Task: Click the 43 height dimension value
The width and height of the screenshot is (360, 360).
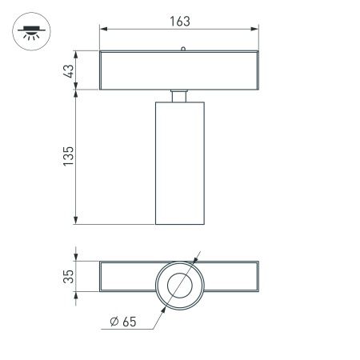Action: coord(68,70)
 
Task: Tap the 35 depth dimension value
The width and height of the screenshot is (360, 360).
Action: coord(68,277)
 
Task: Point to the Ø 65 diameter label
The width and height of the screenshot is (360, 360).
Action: coord(124,323)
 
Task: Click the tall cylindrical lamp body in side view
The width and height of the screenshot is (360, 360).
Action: coord(179,164)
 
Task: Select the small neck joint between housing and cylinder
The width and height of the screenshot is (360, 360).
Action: coord(179,96)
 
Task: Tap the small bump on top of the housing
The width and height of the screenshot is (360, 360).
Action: coord(183,50)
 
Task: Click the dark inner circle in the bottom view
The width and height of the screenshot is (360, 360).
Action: coord(180,285)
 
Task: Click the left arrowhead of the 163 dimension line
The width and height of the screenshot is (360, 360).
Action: coord(103,30)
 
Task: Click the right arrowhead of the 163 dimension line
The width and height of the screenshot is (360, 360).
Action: coord(256,30)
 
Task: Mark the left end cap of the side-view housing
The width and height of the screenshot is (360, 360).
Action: coord(102,70)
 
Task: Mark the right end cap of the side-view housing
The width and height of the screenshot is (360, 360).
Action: coord(257,70)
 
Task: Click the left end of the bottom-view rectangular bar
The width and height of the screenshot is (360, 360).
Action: coord(102,277)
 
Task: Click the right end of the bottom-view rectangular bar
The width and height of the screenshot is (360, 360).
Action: coord(257,277)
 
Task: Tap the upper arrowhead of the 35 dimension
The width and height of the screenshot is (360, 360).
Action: coord(76,263)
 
